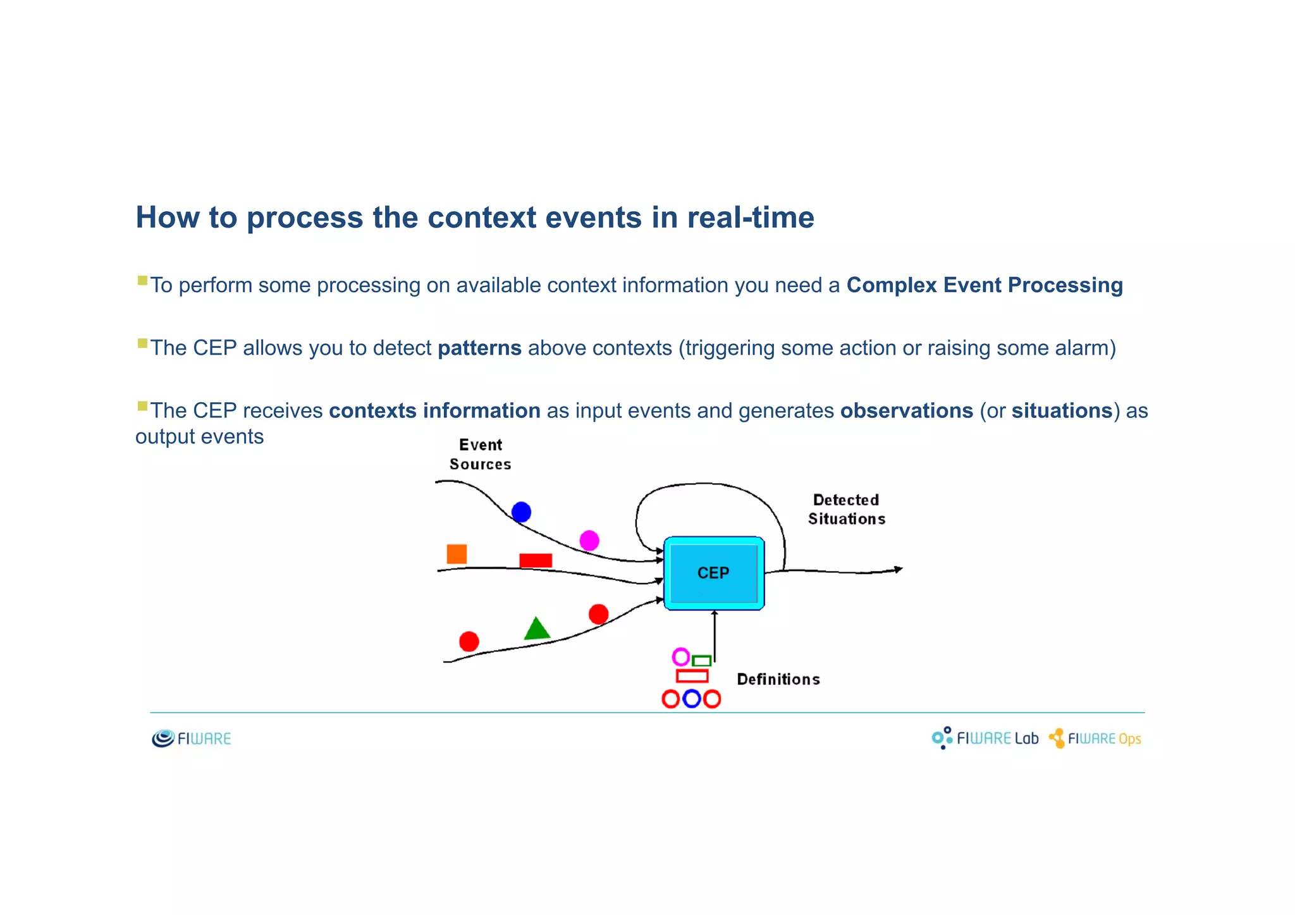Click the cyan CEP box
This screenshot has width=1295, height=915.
pyautogui.click(x=714, y=573)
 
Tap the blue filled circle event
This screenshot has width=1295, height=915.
pyautogui.click(x=521, y=512)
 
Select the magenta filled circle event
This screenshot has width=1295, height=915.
pyautogui.click(x=589, y=541)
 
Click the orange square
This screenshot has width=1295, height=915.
pyautogui.click(x=457, y=554)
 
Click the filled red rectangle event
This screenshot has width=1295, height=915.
pyautogui.click(x=536, y=560)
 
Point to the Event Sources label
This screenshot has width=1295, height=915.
pyautogui.click(x=481, y=454)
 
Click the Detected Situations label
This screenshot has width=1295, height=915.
pyautogui.click(x=846, y=509)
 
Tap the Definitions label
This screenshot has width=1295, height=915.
pyautogui.click(x=778, y=679)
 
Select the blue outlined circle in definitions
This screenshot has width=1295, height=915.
pyautogui.click(x=692, y=699)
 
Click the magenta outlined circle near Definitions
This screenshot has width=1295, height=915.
pyautogui.click(x=680, y=657)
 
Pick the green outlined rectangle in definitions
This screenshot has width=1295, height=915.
pyautogui.click(x=701, y=661)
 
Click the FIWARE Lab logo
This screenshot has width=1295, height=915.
pyautogui.click(x=985, y=738)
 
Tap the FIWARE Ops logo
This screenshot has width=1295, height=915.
pyautogui.click(x=1095, y=738)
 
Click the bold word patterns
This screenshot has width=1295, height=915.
pyautogui.click(x=479, y=348)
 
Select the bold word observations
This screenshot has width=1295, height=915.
pyautogui.click(x=906, y=410)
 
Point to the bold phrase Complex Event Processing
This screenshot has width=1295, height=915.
pyautogui.click(x=985, y=285)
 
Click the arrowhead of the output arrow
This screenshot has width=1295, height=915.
pyautogui.click(x=898, y=570)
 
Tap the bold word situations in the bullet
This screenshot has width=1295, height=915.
pyautogui.click(x=1062, y=410)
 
